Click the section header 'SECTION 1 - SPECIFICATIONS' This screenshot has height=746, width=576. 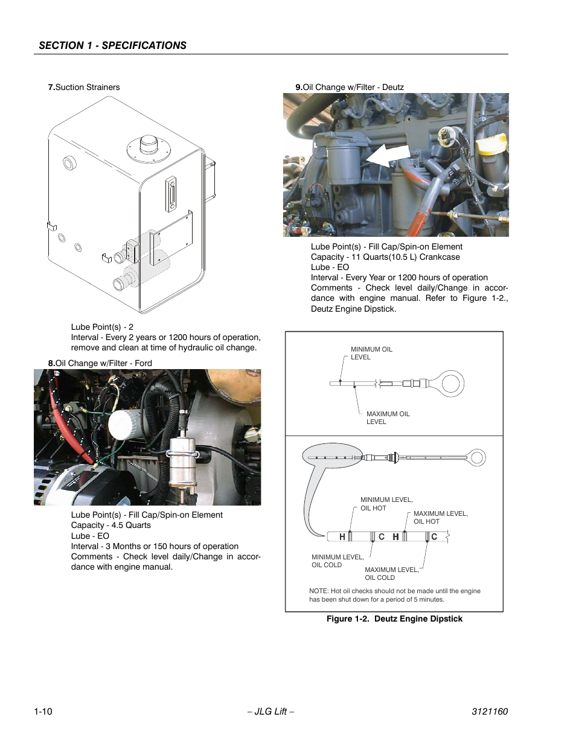(x=112, y=45)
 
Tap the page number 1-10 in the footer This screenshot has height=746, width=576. (x=43, y=711)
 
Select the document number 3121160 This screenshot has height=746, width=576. (x=489, y=711)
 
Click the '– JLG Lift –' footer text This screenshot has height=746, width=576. (x=270, y=711)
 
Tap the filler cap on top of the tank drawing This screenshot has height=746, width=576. (x=149, y=145)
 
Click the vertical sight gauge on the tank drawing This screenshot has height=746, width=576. (x=171, y=194)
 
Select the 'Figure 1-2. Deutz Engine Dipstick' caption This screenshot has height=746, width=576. (x=394, y=619)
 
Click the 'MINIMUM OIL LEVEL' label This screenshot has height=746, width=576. (x=371, y=353)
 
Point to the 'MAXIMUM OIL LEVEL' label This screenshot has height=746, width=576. (x=387, y=418)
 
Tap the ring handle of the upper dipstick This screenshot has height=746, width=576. (x=452, y=383)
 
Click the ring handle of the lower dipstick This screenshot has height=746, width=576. (x=477, y=457)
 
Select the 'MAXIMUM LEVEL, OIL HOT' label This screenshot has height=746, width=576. (x=440, y=518)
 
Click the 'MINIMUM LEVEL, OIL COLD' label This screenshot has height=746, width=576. (x=337, y=561)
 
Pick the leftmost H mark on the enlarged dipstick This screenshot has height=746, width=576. (x=342, y=536)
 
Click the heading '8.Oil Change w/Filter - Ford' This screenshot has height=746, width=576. (x=100, y=363)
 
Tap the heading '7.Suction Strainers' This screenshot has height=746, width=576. (x=84, y=87)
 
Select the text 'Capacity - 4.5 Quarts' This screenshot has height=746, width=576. (x=111, y=525)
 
